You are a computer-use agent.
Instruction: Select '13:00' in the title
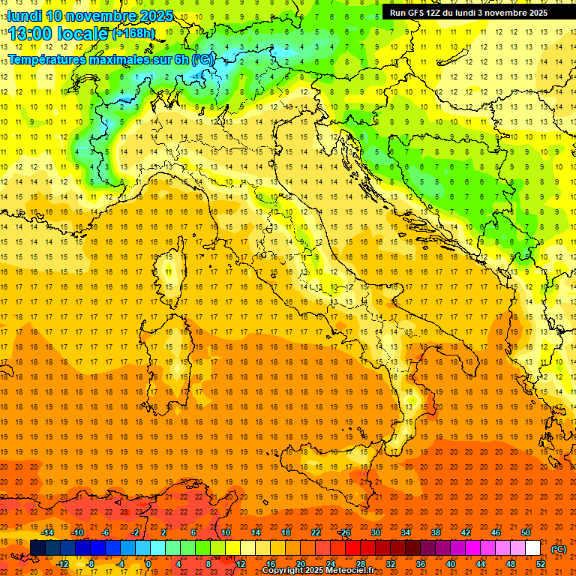31,32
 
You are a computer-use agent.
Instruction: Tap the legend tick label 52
541,564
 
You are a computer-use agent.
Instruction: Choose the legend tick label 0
148,564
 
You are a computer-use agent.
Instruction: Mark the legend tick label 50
525,532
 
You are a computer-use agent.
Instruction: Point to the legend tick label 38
435,532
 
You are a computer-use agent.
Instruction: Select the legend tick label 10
225,532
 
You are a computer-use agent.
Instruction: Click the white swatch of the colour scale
532,547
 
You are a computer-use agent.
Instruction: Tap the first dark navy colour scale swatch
38,547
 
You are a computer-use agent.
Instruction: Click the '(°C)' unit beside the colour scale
559,548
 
